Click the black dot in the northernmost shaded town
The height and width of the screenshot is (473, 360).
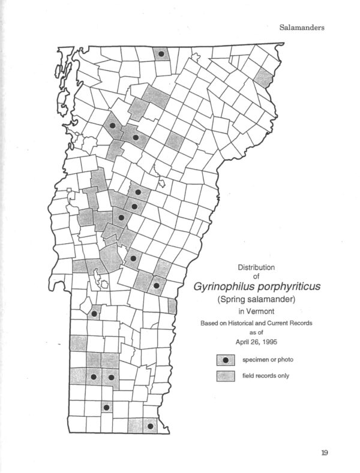click(x=161, y=54)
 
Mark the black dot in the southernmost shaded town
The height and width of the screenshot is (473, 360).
click(x=150, y=427)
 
